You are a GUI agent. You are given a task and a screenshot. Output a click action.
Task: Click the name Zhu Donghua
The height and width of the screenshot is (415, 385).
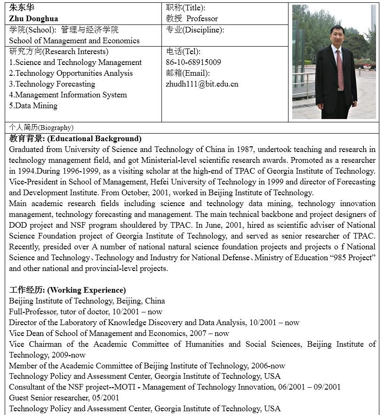pyautogui.click(x=33, y=19)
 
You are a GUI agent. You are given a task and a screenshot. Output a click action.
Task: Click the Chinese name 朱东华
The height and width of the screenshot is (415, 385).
pyautogui.click(x=22, y=8)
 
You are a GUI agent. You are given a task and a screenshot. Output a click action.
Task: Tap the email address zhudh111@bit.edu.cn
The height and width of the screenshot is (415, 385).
pyautogui.click(x=202, y=84)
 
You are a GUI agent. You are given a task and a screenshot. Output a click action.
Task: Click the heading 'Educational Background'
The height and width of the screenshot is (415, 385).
pyautogui.click(x=94, y=139)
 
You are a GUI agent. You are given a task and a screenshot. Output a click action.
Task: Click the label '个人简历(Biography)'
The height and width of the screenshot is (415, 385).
pyautogui.click(x=41, y=128)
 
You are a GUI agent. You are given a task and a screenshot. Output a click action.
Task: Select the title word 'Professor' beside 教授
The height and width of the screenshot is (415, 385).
pyautogui.click(x=202, y=19)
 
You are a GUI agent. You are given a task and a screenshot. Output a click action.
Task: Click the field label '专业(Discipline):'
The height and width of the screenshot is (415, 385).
pyautogui.click(x=195, y=30)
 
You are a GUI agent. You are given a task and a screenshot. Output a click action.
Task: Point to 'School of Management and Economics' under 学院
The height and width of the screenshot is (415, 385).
pyautogui.click(x=74, y=41)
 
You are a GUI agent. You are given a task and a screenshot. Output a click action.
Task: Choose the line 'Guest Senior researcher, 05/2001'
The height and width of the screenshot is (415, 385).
pyautogui.click(x=64, y=398)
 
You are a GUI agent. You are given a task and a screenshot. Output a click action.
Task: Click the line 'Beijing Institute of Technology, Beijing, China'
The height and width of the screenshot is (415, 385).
pyautogui.click(x=87, y=301)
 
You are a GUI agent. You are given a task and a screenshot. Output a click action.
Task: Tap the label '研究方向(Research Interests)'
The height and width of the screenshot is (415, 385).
pyautogui.click(x=59, y=52)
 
